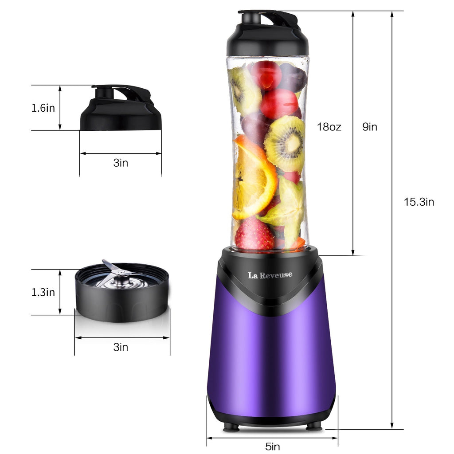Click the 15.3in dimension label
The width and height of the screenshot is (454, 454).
coord(419,202)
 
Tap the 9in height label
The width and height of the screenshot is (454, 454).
coord(370,127)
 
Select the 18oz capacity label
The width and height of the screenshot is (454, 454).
coord(329,127)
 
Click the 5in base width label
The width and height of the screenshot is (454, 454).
coord(272,446)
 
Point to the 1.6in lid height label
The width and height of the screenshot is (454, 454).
coord(43,108)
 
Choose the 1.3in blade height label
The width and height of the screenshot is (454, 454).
coord(43,292)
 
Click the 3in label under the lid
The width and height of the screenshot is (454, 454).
coord(121,163)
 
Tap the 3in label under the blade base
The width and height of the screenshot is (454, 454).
coord(121,347)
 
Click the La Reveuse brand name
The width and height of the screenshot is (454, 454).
coord(270,275)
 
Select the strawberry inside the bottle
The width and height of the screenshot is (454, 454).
coord(254,235)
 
